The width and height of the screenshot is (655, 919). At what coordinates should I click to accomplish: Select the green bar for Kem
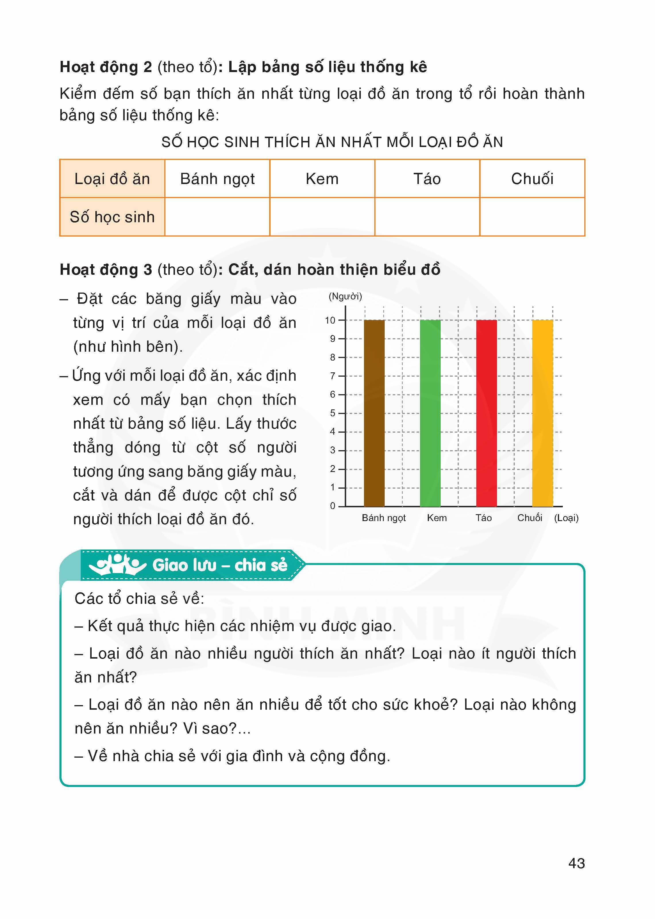[430, 413]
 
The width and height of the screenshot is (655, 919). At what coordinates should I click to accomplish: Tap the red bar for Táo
[486, 413]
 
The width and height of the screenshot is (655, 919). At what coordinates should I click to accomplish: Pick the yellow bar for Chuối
[542, 413]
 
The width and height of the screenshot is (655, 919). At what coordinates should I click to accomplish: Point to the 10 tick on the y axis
[330, 320]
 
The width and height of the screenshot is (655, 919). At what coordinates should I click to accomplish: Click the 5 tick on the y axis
[333, 413]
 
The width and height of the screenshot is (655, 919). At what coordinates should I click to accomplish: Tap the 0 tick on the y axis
[333, 506]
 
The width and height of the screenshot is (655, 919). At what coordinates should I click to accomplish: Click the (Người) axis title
[345, 297]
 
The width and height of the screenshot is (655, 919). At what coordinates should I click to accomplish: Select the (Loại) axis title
[566, 518]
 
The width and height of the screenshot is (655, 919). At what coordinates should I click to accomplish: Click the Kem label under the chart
[437, 518]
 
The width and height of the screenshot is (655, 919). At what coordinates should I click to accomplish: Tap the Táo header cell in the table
[427, 179]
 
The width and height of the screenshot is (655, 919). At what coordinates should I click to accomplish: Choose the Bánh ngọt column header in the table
[217, 179]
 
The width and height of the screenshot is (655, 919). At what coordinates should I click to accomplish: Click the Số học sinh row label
[112, 217]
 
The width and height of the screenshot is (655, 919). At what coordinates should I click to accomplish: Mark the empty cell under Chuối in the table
[532, 217]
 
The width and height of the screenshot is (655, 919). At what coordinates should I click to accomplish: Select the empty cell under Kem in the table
[322, 217]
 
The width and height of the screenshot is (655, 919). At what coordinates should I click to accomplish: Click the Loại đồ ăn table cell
[112, 179]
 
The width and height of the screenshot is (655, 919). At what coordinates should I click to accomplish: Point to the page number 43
[576, 863]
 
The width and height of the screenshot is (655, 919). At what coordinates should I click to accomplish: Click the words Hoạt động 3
[106, 270]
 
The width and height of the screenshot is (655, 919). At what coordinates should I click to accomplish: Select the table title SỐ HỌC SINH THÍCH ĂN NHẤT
[332, 142]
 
